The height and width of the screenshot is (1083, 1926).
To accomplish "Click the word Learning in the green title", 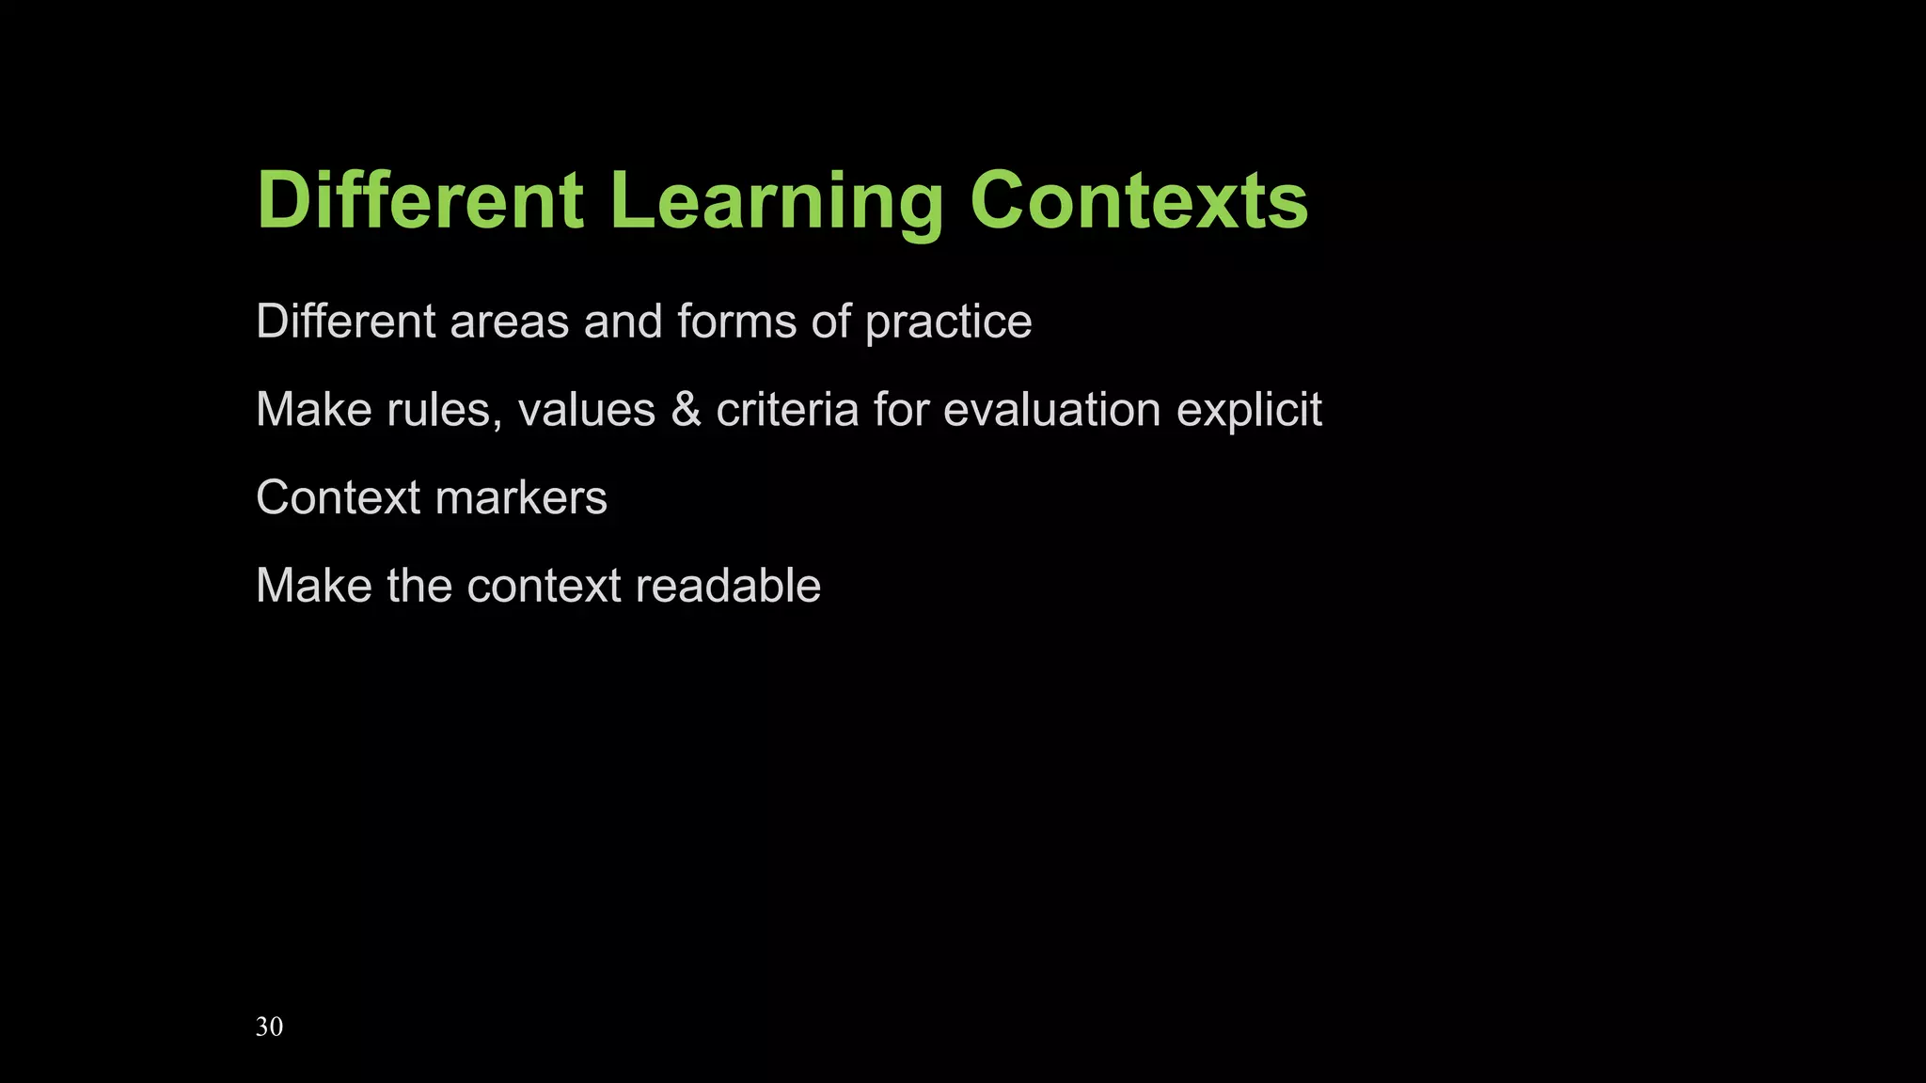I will coord(777,201).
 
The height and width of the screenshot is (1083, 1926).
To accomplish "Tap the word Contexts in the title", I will coord(1139,201).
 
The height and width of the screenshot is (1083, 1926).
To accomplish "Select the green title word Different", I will coord(420,201).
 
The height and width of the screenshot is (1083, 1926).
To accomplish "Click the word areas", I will coord(509,322).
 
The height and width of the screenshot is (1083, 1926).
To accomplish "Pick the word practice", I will coord(948,323).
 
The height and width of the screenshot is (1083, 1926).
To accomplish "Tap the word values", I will coord(586,411).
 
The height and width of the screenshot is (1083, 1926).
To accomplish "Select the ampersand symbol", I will coord(687,411).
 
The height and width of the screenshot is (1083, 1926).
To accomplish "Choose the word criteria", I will coord(787,411).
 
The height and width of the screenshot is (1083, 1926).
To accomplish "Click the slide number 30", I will coord(269,1027).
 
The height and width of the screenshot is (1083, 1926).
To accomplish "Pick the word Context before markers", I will coord(338,498).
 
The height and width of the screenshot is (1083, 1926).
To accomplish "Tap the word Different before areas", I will coord(345,322).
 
